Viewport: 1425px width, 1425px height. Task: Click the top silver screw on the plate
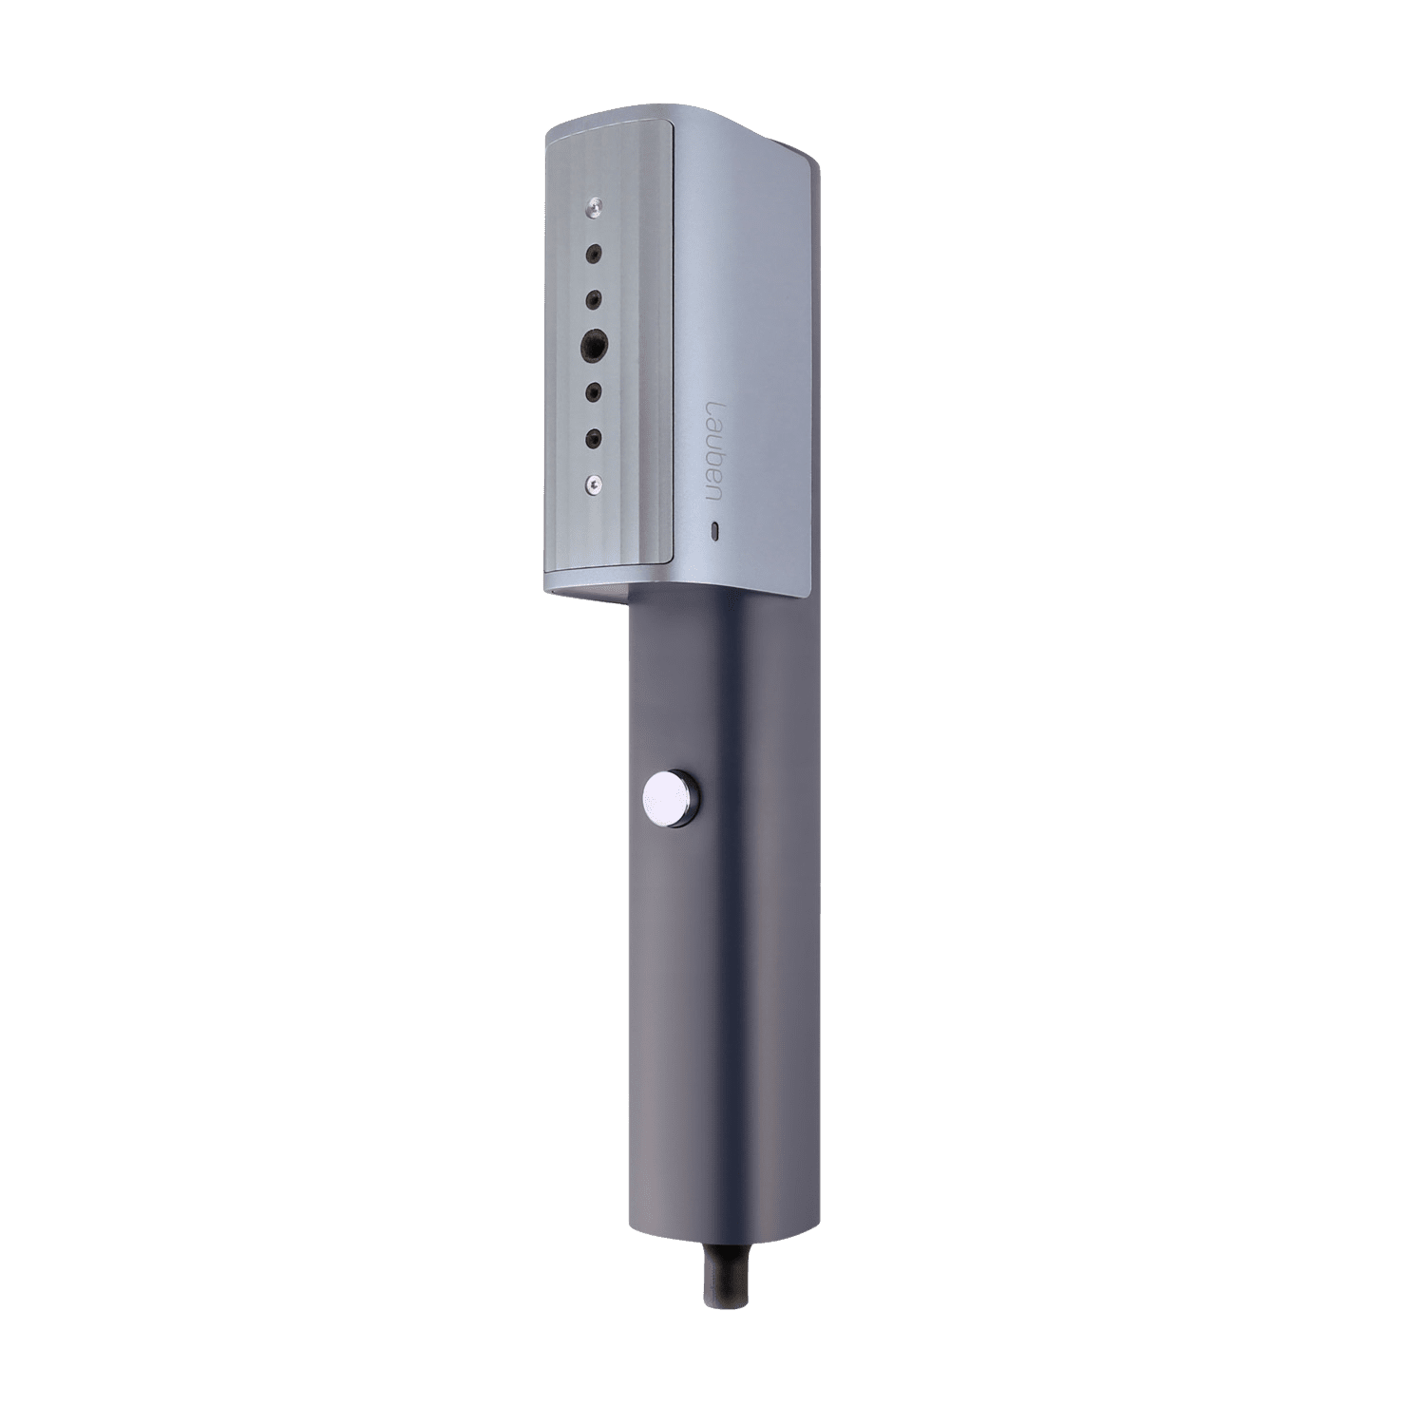point(593,204)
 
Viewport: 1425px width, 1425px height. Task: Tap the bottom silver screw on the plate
point(594,484)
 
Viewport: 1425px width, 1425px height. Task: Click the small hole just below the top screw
point(594,254)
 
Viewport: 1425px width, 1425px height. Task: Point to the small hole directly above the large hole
point(594,298)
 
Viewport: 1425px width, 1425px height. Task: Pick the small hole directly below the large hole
point(594,391)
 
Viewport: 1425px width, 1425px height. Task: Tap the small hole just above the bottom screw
point(594,438)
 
